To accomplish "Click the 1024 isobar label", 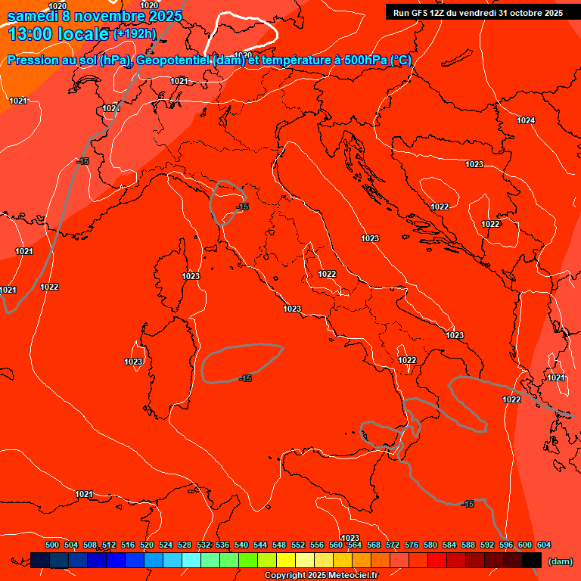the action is pyautogui.click(x=526, y=120).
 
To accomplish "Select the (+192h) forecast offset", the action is pyautogui.click(x=135, y=34).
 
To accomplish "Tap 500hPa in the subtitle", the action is pyautogui.click(x=366, y=61).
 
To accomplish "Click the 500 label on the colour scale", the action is pyautogui.click(x=52, y=545).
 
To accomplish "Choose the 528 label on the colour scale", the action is pyautogui.click(x=185, y=545).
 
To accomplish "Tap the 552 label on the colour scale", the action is pyautogui.click(x=298, y=545).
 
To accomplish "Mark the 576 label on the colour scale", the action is pyautogui.click(x=412, y=545).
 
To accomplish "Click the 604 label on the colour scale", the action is pyautogui.click(x=544, y=545).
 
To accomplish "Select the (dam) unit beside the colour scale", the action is pyautogui.click(x=560, y=561).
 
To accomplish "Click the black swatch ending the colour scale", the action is pyautogui.click(x=532, y=561).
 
